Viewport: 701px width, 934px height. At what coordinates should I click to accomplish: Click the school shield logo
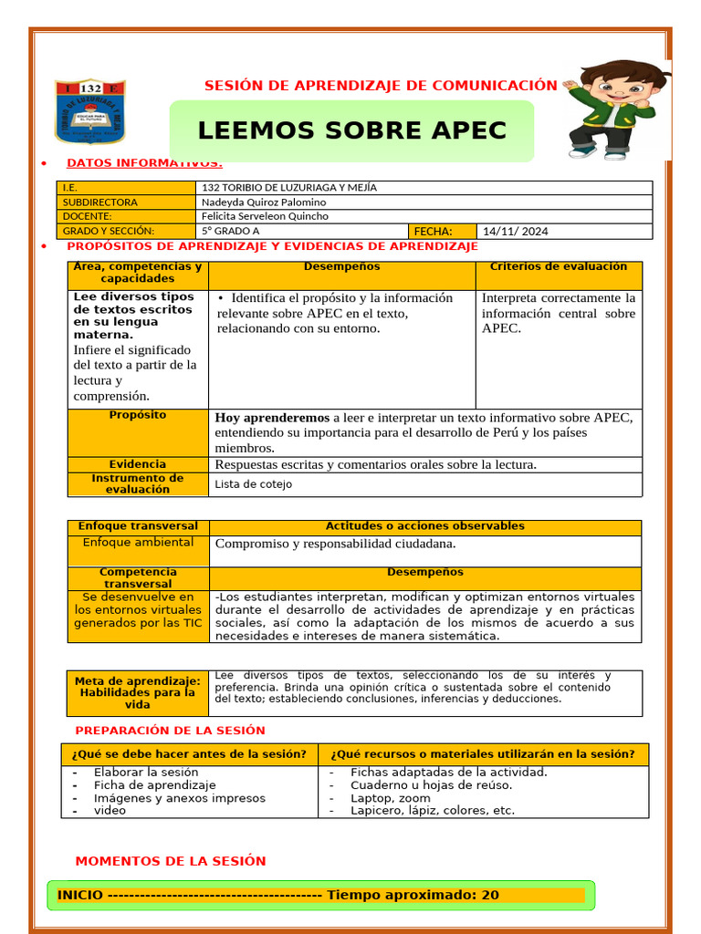pyautogui.click(x=89, y=111)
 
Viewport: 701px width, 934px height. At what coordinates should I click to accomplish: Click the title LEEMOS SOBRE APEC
pyautogui.click(x=351, y=130)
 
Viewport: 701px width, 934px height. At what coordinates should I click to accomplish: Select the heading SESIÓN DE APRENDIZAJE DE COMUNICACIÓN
pyautogui.click(x=380, y=86)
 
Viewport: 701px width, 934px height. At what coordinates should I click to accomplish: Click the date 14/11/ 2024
pyautogui.click(x=515, y=232)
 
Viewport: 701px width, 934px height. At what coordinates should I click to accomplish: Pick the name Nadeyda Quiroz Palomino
pyautogui.click(x=264, y=202)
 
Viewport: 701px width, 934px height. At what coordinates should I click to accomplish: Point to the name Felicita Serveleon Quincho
pyautogui.click(x=265, y=217)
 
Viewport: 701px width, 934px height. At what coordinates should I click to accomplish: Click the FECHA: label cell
pyautogui.click(x=433, y=232)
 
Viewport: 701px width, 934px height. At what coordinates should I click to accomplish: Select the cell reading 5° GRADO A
pyautogui.click(x=230, y=232)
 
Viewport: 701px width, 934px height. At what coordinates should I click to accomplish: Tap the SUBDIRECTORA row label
pyautogui.click(x=99, y=202)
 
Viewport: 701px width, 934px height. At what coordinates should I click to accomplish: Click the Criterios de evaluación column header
pyautogui.click(x=558, y=267)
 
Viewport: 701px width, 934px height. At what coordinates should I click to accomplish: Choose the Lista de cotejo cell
pyautogui.click(x=254, y=484)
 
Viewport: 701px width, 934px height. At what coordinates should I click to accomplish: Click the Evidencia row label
pyautogui.click(x=138, y=464)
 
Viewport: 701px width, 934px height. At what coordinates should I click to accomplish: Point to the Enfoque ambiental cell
pyautogui.click(x=138, y=543)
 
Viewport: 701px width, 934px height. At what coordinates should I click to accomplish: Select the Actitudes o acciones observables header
pyautogui.click(x=424, y=526)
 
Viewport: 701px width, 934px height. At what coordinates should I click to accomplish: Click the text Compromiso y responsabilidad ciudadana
pyautogui.click(x=335, y=544)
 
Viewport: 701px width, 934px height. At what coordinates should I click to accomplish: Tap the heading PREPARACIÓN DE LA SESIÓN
pyautogui.click(x=170, y=731)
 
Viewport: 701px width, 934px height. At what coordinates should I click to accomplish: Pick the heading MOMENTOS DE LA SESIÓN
pyautogui.click(x=171, y=861)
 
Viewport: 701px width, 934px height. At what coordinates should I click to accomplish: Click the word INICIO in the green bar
pyautogui.click(x=80, y=896)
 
